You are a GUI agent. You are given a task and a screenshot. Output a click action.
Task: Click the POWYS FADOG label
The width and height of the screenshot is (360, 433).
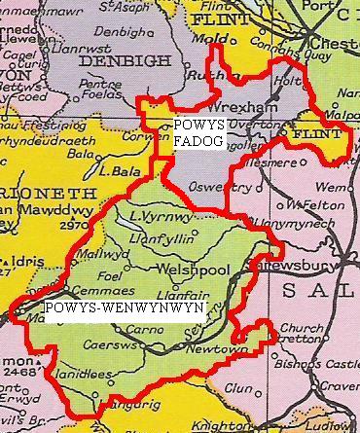tap(200, 133)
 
